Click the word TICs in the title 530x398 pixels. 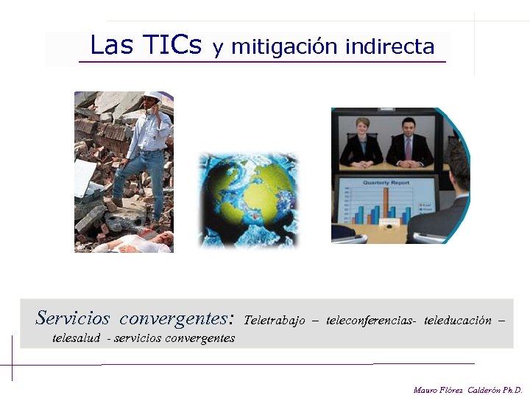pos(173,46)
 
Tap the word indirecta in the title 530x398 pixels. pos(389,47)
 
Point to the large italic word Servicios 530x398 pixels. pos(72,318)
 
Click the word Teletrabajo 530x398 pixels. pos(274,321)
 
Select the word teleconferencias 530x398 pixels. pos(370,321)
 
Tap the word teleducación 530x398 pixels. pos(458,321)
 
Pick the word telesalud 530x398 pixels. pos(77,338)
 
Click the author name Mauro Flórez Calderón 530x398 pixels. pos(467,389)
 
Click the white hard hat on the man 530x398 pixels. pos(152,96)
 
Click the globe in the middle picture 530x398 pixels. pos(249,199)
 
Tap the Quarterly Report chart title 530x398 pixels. pos(386,181)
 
